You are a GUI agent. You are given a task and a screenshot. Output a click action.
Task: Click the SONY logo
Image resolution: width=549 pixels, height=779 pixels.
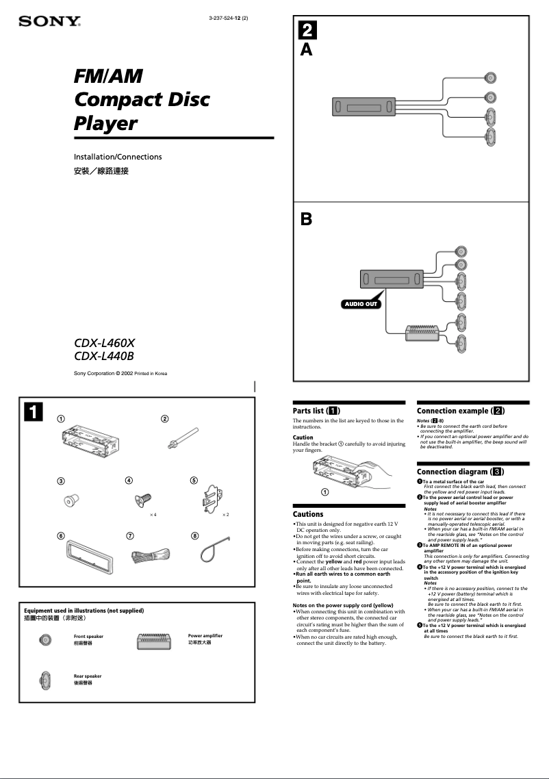tap(49, 22)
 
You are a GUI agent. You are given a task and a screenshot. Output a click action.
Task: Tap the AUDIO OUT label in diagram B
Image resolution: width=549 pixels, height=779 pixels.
tap(361, 303)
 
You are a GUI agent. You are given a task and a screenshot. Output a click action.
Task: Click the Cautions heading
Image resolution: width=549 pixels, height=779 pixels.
tap(308, 514)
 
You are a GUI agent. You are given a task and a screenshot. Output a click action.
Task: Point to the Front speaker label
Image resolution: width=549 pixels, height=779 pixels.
tap(88, 637)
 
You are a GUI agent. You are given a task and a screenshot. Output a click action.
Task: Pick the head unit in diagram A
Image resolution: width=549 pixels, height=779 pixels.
tap(363, 108)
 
